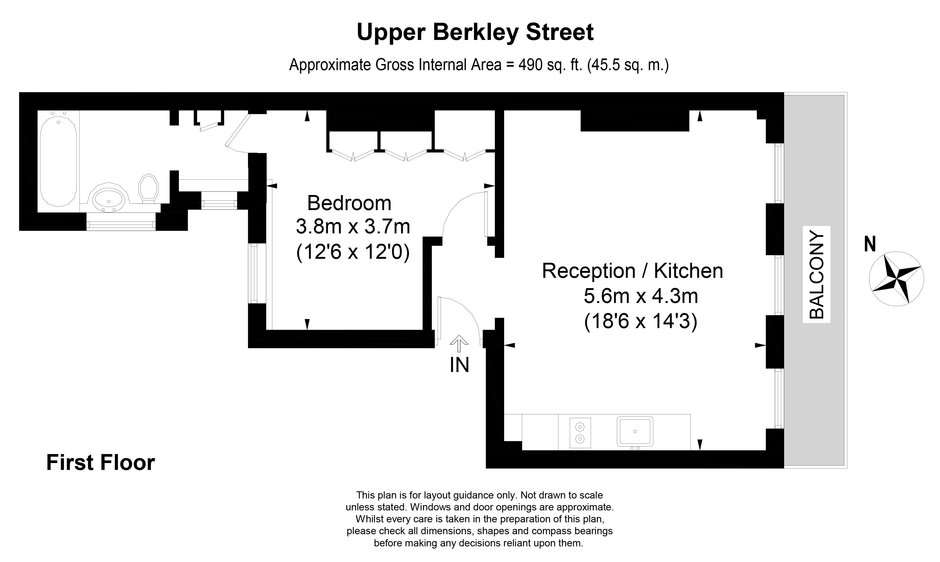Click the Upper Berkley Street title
(475, 33)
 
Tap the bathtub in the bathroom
(59, 161)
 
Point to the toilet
(148, 188)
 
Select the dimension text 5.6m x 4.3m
(641, 296)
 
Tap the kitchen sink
(635, 431)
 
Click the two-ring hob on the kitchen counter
(580, 433)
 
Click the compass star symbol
(896, 279)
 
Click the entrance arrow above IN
(459, 343)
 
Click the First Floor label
(100, 463)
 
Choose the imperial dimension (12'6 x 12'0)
(353, 252)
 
